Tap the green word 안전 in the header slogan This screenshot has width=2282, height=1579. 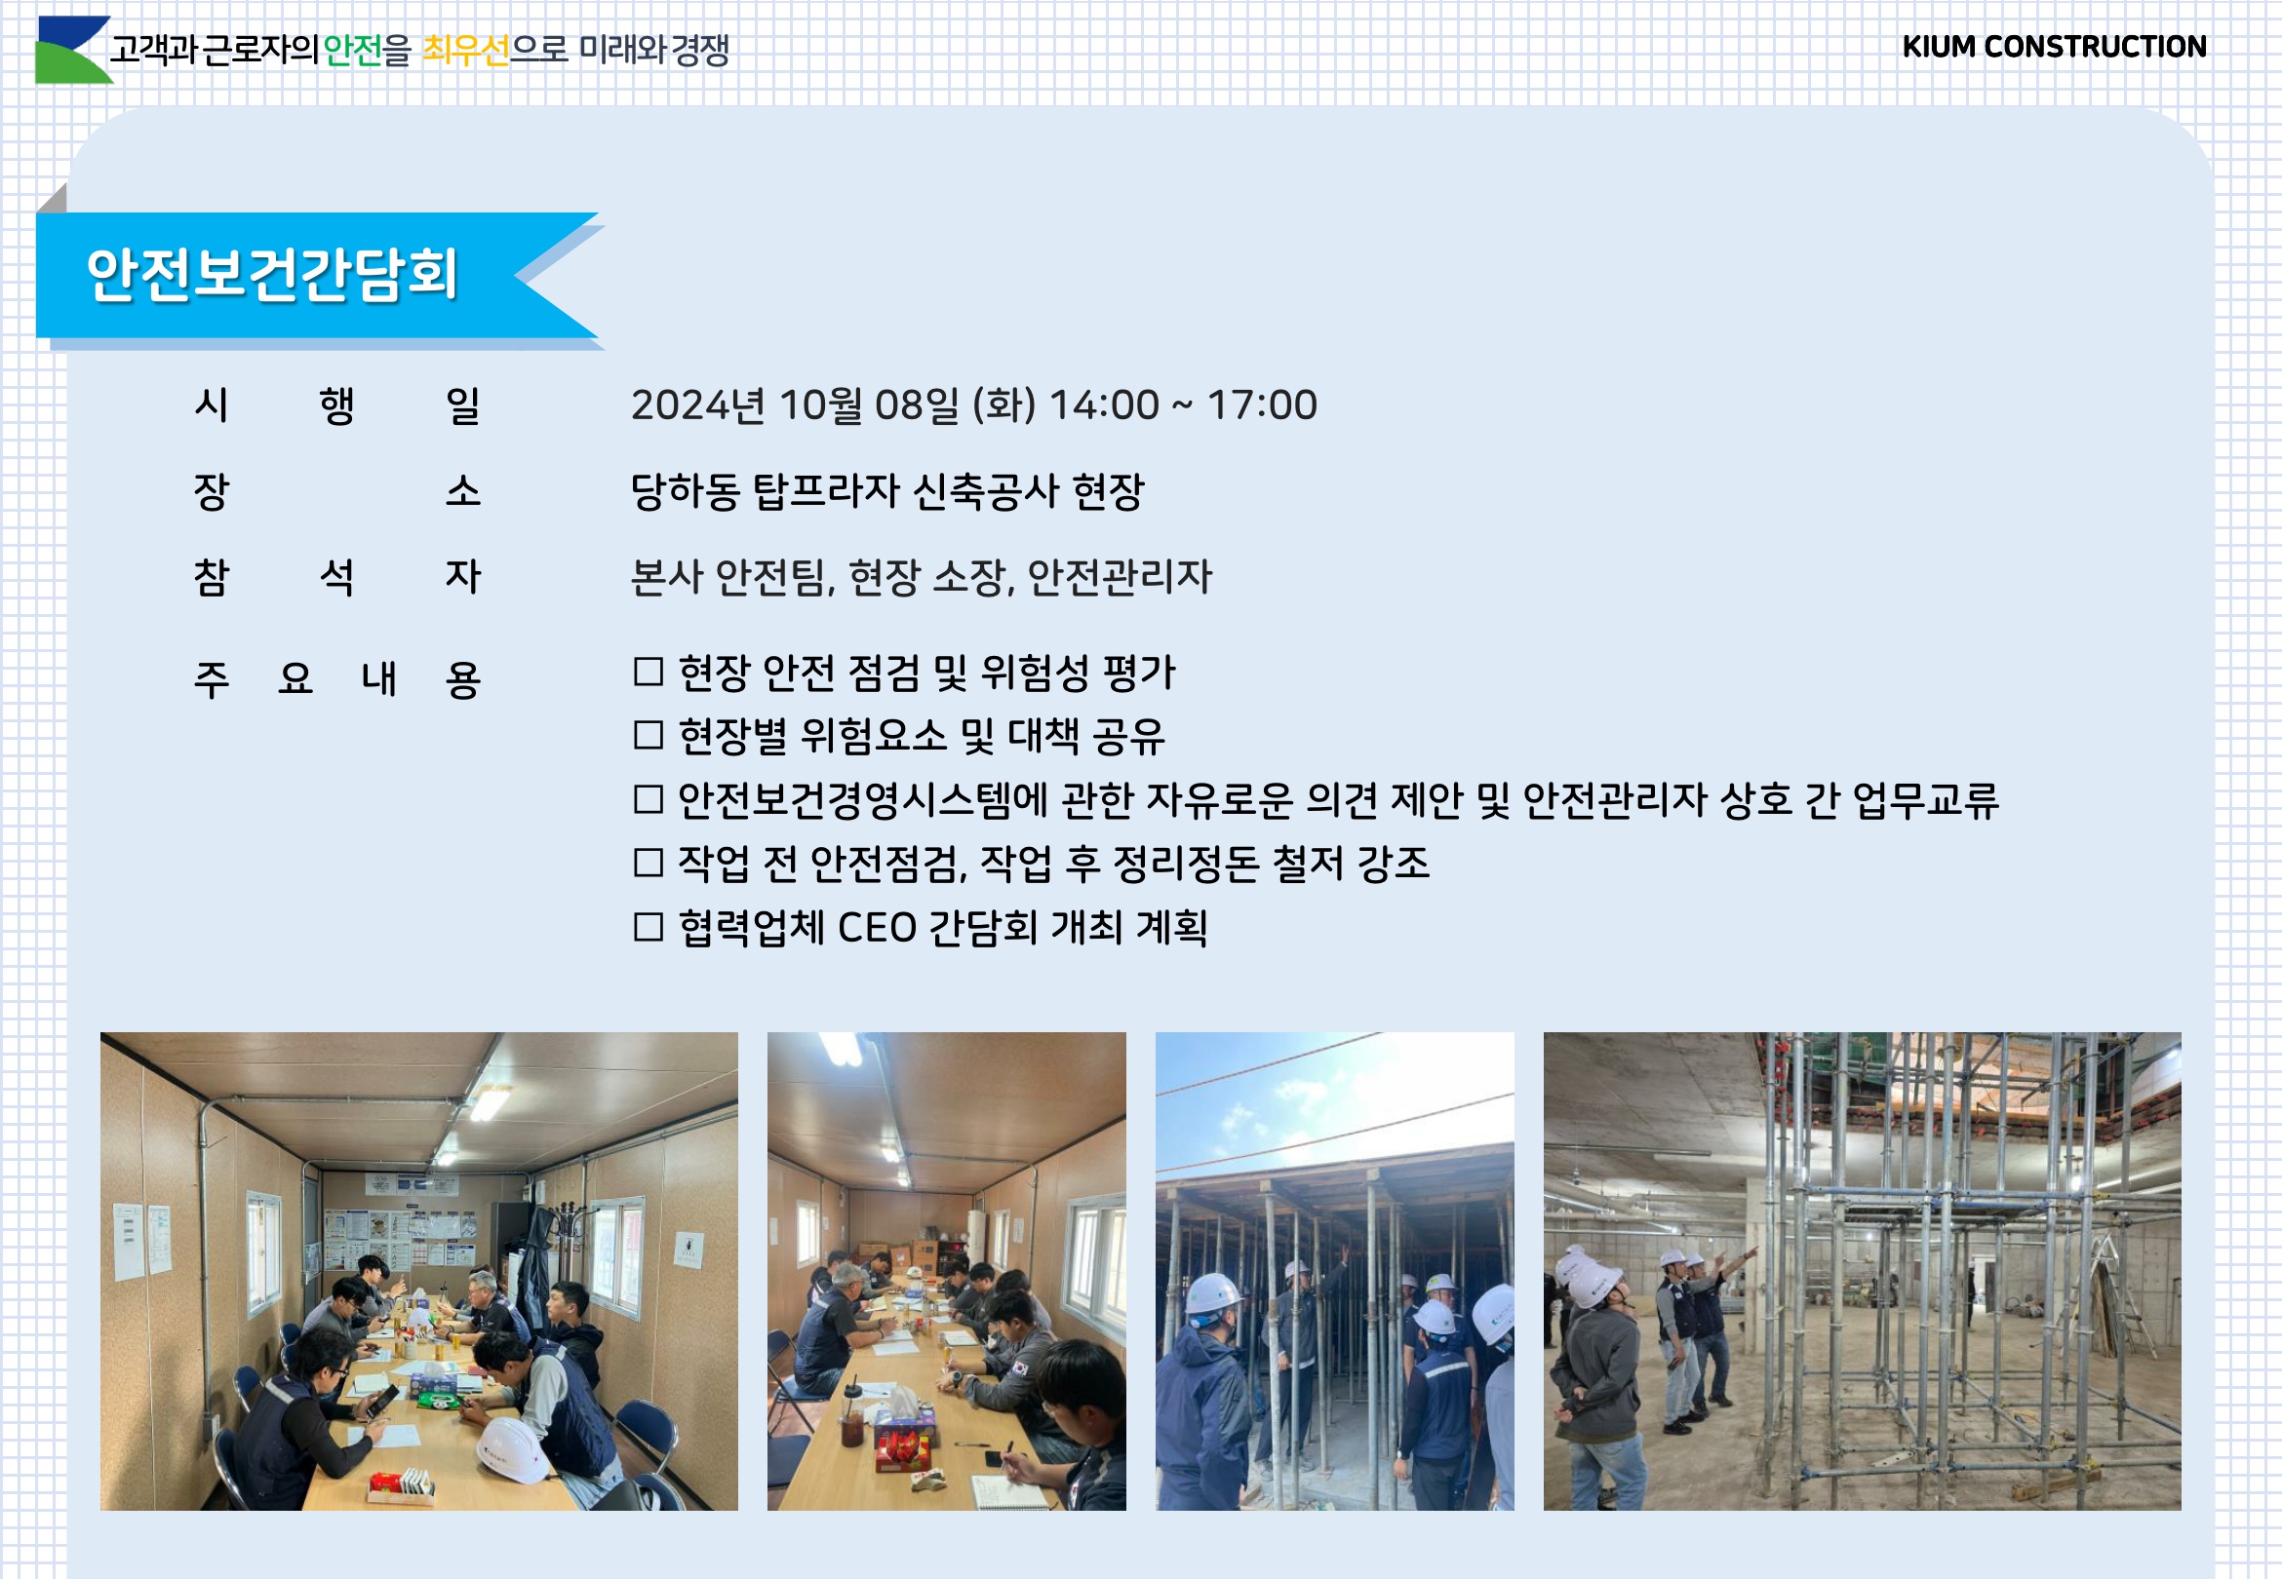[x=352, y=50]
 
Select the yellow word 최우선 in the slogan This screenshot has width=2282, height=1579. [x=465, y=50]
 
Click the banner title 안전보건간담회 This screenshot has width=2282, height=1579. [x=272, y=274]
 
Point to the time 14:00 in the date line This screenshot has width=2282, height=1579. [x=1103, y=404]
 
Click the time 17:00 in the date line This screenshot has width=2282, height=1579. [x=1262, y=404]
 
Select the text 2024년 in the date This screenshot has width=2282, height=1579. [x=697, y=404]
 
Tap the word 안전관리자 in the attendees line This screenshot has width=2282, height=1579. [x=1120, y=577]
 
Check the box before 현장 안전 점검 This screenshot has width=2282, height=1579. [x=649, y=672]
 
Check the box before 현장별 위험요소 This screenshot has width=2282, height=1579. [x=649, y=735]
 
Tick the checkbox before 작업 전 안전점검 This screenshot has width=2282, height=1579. [x=649, y=863]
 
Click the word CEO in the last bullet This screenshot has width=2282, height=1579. [x=877, y=928]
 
